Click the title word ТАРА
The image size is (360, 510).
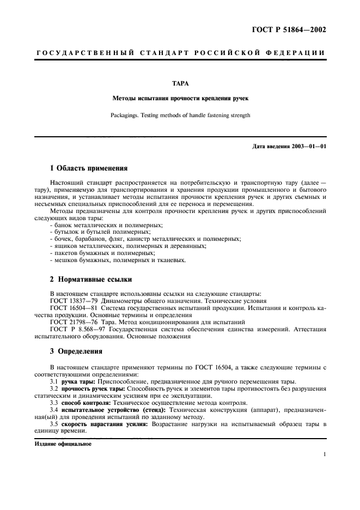pos(180,83)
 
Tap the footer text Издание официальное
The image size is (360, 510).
pos(63,444)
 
